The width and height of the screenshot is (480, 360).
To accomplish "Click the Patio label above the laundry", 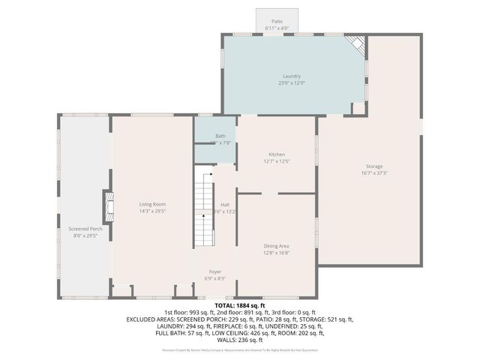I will click(x=277, y=22).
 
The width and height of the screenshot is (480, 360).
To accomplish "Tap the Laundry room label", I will click(x=292, y=76).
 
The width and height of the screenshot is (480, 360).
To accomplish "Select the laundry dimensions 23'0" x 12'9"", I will click(x=292, y=82).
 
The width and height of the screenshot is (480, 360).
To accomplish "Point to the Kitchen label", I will click(x=277, y=154).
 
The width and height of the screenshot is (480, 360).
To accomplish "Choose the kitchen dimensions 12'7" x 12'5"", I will click(x=277, y=161).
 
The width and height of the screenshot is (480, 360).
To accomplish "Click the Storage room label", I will click(x=374, y=166).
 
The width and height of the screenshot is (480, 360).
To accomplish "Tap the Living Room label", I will click(x=152, y=204).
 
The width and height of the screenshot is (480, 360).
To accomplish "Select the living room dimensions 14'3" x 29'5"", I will click(x=152, y=211).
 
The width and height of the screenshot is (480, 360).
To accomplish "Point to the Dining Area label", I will click(x=277, y=246).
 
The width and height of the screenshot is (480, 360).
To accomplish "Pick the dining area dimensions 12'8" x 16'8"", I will click(x=277, y=253).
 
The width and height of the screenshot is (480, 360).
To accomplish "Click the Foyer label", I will click(x=215, y=271).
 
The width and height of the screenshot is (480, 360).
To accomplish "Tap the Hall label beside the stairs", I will click(x=225, y=204).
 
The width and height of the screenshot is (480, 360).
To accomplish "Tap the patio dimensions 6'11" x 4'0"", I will click(x=277, y=28).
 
